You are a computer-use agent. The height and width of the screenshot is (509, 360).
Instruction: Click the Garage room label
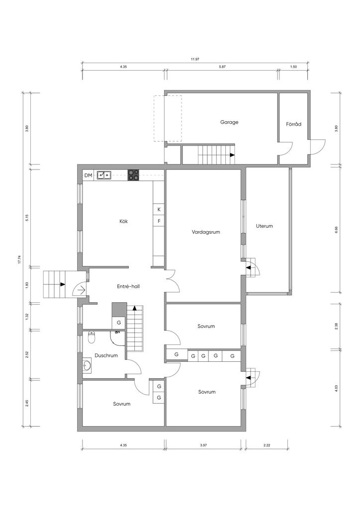[x=229, y=122]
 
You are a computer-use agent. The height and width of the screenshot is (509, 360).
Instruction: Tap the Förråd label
[x=293, y=124]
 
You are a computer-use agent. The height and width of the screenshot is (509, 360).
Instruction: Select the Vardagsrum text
[x=206, y=232]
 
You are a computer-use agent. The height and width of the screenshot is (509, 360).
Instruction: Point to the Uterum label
[x=264, y=226]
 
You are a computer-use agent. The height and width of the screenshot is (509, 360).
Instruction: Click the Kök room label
[x=124, y=221]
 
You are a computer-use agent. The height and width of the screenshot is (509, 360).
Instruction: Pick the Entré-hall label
[x=128, y=286]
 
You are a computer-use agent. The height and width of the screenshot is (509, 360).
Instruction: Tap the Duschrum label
[x=106, y=355]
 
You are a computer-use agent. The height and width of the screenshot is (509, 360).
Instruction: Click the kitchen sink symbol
[x=104, y=175]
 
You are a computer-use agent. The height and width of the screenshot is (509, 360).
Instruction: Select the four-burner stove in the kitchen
[x=133, y=175]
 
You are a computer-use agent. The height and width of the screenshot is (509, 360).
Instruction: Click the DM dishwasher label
[x=88, y=175]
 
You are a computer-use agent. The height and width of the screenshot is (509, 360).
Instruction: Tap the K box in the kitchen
[x=159, y=209]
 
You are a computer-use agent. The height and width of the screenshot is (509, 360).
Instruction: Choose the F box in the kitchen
[x=159, y=221]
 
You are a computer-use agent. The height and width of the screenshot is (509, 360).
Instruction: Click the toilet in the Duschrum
[x=91, y=338]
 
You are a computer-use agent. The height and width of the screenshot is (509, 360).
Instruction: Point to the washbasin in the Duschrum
[x=87, y=365]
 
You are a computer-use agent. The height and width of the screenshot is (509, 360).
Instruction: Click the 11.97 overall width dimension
[x=195, y=59]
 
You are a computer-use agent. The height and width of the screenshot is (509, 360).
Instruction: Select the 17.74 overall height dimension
[x=19, y=260]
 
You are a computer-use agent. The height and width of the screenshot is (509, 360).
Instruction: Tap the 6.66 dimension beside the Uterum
[x=336, y=230]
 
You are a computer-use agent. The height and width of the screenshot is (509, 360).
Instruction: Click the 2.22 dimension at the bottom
[x=267, y=445]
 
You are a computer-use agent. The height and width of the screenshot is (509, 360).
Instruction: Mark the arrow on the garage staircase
[x=232, y=155]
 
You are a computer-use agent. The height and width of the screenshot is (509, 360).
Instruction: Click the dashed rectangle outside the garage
[x=168, y=118]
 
